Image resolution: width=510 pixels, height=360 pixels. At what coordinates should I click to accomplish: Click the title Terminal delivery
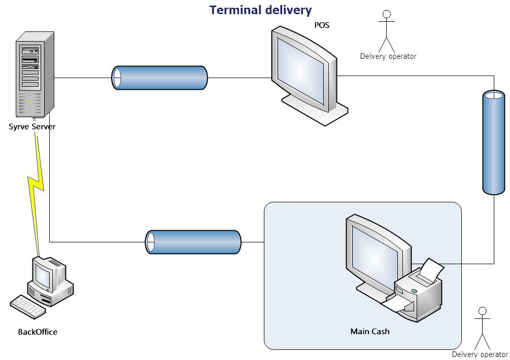tap(260, 10)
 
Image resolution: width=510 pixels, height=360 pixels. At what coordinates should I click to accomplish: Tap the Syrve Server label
tap(32, 127)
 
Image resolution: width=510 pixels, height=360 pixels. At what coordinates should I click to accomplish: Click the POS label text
tap(322, 25)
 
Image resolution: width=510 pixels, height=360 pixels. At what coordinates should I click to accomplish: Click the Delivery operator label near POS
tap(388, 56)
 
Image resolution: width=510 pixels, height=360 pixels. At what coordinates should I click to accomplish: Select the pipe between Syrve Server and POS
tap(159, 78)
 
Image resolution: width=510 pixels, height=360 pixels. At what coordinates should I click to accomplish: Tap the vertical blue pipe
tap(493, 142)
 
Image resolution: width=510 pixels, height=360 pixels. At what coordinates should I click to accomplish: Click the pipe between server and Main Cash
tap(193, 242)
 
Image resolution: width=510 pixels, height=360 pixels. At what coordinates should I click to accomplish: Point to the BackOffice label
tap(38, 332)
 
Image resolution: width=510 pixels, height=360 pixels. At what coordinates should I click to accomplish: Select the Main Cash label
tap(370, 332)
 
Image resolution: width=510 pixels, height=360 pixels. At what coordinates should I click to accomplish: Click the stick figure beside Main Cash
tap(482, 327)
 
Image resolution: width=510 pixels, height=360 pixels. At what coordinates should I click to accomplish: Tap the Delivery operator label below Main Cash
tap(480, 354)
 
